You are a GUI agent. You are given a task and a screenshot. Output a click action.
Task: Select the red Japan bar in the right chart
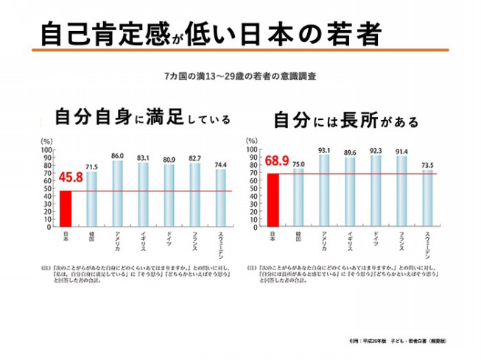(273, 201)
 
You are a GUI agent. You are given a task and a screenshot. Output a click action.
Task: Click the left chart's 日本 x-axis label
(65, 237)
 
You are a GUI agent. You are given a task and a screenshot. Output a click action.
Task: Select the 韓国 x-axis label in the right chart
(298, 236)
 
